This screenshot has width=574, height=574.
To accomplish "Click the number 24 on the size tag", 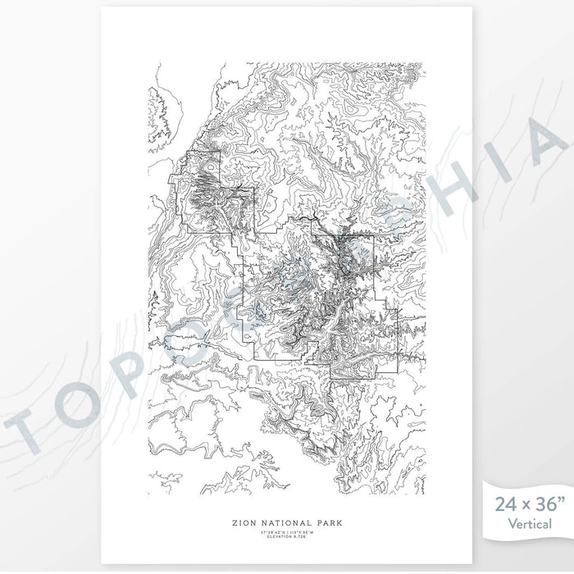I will [x=503, y=503].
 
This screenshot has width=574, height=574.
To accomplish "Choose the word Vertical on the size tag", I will [x=529, y=523].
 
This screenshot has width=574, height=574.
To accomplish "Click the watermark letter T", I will [x=30, y=427].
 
